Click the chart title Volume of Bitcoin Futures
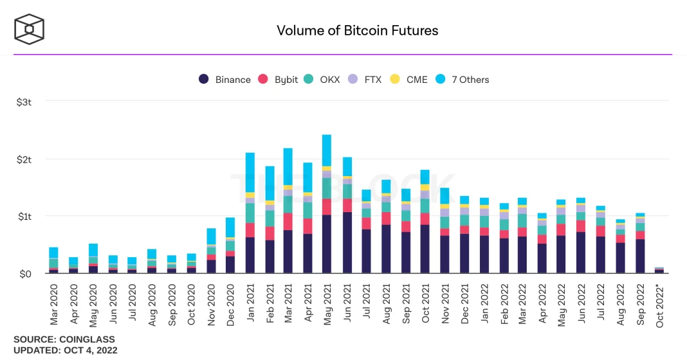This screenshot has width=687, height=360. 357,30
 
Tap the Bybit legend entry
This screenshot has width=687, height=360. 279,80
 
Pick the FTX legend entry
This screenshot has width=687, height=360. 365,80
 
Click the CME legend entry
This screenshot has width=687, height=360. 409,80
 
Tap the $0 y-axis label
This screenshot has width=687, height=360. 24,274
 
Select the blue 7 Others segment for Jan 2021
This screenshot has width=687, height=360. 250,172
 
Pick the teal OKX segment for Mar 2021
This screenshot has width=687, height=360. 288,204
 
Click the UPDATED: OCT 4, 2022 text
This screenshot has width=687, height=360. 66,350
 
